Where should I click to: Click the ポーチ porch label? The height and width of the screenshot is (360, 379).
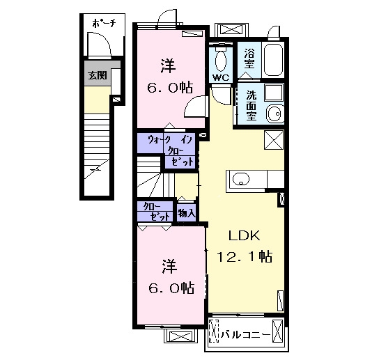105,23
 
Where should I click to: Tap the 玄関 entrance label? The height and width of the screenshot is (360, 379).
97,75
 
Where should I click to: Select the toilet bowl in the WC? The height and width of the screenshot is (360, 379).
220,61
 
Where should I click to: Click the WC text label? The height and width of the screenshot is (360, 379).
221,77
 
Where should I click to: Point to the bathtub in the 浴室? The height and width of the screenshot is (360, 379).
273,60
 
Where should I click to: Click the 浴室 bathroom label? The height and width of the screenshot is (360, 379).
249,58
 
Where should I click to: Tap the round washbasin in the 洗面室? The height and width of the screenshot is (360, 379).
275,114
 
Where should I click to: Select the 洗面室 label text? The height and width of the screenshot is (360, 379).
252,105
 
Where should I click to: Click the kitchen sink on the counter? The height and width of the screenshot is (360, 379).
241,179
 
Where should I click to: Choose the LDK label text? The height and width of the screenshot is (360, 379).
244,235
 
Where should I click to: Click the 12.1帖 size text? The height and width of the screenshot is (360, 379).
245,256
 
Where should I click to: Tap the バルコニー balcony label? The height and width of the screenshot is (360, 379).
245,335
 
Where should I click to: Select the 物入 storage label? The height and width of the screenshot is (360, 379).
186,213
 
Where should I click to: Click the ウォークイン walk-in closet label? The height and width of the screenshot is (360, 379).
170,140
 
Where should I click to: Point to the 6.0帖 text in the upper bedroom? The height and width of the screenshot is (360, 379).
170,88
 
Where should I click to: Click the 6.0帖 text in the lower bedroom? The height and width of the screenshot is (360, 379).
171,288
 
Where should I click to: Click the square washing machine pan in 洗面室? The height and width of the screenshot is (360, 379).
274,93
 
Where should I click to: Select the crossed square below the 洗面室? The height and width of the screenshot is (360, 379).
274,140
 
